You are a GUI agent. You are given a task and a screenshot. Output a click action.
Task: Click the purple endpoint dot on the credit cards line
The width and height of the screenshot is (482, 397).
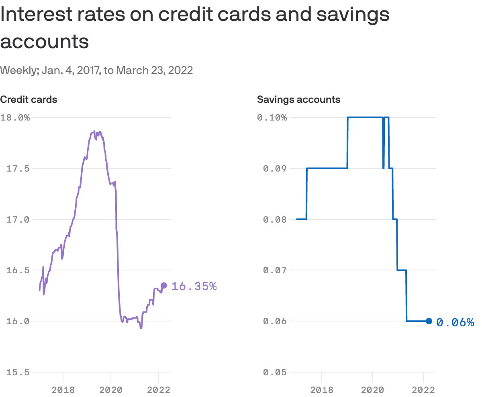coord(164,285)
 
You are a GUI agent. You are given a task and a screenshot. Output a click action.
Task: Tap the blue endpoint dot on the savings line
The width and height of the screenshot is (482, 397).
coord(429,321)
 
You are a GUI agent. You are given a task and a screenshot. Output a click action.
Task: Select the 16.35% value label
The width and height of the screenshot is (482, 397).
coord(194,286)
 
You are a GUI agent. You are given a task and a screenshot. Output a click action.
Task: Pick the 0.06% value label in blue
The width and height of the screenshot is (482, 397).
coord(455,322)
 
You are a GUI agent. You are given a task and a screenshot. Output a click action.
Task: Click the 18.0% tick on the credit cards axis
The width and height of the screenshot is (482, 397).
coord(15,118)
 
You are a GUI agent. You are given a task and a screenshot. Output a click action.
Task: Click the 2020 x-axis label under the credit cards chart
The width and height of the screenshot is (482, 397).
coord(111,389)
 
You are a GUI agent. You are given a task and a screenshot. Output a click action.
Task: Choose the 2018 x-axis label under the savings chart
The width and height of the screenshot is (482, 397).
coord(322,389)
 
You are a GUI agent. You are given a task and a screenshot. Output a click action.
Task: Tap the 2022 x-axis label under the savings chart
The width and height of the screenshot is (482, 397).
coord(423,389)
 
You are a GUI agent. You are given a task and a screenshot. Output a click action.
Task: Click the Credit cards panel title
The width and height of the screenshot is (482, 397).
coord(29,99)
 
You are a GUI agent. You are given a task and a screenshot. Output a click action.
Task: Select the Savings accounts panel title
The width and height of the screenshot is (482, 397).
coord(298,99)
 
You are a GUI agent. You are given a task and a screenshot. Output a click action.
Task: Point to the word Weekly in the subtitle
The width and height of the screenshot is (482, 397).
coord(17,70)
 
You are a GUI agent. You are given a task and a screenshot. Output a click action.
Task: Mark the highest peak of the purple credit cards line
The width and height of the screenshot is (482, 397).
coord(94,131)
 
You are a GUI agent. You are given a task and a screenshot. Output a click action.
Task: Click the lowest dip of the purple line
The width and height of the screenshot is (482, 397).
coord(141,328)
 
